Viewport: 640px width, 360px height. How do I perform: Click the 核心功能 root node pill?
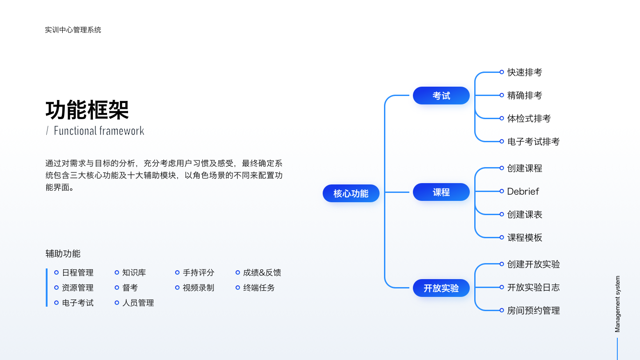point(351,193)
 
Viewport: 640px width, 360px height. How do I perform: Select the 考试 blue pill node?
point(441,96)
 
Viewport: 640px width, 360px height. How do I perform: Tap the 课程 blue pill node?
point(441,192)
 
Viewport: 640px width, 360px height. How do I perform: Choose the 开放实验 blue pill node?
point(441,288)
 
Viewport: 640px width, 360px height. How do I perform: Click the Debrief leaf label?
point(523,192)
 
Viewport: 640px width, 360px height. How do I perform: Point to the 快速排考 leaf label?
point(524,72)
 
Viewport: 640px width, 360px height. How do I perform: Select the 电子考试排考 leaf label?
point(533,141)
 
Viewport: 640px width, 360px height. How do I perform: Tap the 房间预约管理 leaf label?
point(533,311)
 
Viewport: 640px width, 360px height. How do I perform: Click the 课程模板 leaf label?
point(524,237)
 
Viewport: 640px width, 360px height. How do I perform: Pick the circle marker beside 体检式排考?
point(502,118)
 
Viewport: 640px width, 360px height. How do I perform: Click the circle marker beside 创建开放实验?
point(502,264)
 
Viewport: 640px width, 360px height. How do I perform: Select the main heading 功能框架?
point(87,110)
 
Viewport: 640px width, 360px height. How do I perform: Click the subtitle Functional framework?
point(99,131)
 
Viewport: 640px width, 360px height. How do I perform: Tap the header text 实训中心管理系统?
point(73,30)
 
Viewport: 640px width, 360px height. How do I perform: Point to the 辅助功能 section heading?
point(63,254)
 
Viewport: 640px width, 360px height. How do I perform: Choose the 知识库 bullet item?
point(134,272)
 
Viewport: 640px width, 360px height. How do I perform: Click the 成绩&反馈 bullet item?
point(262,272)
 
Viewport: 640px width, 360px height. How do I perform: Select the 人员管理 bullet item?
point(138,303)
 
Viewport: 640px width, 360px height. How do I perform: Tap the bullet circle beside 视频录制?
point(177,288)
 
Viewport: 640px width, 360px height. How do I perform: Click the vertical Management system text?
point(617,304)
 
